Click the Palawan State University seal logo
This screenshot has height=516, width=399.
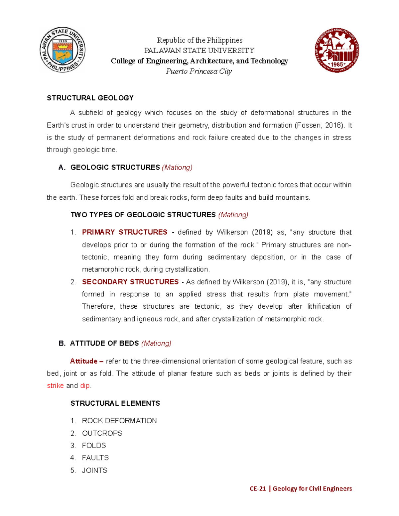pos(63,50)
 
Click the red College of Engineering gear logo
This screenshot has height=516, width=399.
pos(337,50)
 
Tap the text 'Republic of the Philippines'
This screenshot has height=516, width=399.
pos(199,40)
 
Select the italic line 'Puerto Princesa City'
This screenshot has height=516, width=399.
pos(199,71)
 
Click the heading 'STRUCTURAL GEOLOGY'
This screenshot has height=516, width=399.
pos(90,98)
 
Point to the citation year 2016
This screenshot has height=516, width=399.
pos(333,125)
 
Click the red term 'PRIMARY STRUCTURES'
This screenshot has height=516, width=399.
pos(125,232)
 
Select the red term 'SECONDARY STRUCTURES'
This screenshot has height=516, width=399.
pos(130,282)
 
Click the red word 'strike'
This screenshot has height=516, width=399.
pos(55,386)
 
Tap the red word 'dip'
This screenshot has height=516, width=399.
pos(85,386)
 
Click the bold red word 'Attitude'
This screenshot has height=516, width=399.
pos(84,361)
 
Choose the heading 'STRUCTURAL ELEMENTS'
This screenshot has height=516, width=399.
pos(115,403)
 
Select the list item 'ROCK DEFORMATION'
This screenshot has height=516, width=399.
pos(119,421)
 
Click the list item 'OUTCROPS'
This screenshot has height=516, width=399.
pos(102,433)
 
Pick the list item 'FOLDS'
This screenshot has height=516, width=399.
pos(94,446)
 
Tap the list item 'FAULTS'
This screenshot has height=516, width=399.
pos(95,458)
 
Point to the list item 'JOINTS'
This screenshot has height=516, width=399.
pos(95,470)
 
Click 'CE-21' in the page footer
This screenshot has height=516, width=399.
pos(258,488)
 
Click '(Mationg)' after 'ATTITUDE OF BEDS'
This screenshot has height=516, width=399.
pos(156,343)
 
